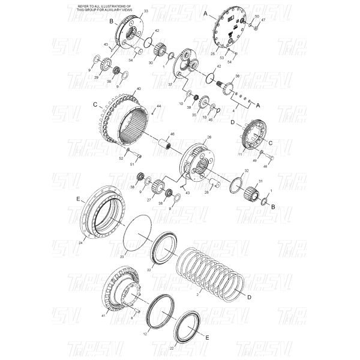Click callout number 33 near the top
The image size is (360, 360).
coord(146,11)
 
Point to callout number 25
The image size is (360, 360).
coord(212,53)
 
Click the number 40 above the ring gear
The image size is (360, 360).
coord(139,89)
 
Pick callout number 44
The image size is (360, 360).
coord(158,106)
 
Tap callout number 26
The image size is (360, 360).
coord(209,137)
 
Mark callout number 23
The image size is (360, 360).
coord(122,256)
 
